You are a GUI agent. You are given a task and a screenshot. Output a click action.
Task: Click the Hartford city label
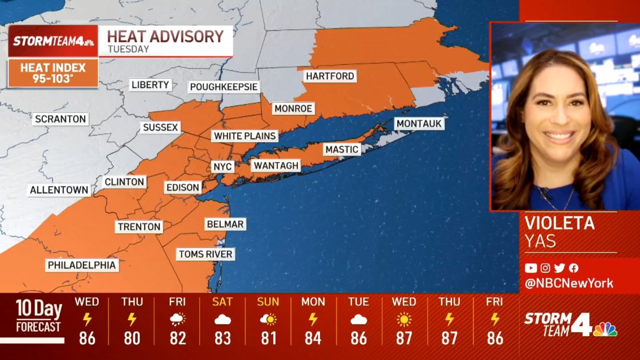(x=330, y=76)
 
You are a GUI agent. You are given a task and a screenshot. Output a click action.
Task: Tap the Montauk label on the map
(x=419, y=124)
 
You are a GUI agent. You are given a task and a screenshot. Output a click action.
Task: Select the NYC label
(x=222, y=166)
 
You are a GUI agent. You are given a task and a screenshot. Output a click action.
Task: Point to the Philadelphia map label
(x=82, y=265)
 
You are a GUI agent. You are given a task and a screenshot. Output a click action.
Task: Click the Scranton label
(x=60, y=119)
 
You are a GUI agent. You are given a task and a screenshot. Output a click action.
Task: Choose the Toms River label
(x=205, y=254)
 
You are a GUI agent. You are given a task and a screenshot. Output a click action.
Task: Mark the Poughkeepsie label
(x=224, y=87)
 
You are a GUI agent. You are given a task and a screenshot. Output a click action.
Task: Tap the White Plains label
(x=245, y=136)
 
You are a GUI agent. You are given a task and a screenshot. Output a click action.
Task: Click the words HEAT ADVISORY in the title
(x=165, y=36)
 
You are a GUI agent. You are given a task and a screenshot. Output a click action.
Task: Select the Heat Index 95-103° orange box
(x=53, y=73)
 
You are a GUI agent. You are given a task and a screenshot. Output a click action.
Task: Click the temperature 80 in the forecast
(x=132, y=338)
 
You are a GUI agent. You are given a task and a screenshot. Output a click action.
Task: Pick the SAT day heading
(x=222, y=302)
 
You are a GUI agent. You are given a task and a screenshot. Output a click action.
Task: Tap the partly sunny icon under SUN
(x=268, y=320)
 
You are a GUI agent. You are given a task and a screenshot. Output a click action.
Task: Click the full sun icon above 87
(x=404, y=320)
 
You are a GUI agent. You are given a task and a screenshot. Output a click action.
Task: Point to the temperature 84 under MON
(x=313, y=338)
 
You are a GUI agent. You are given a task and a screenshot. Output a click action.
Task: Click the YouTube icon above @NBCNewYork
(x=531, y=268)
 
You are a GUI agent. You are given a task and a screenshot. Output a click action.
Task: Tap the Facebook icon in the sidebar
(x=574, y=268)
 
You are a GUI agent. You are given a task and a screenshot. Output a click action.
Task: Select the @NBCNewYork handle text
(x=569, y=284)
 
